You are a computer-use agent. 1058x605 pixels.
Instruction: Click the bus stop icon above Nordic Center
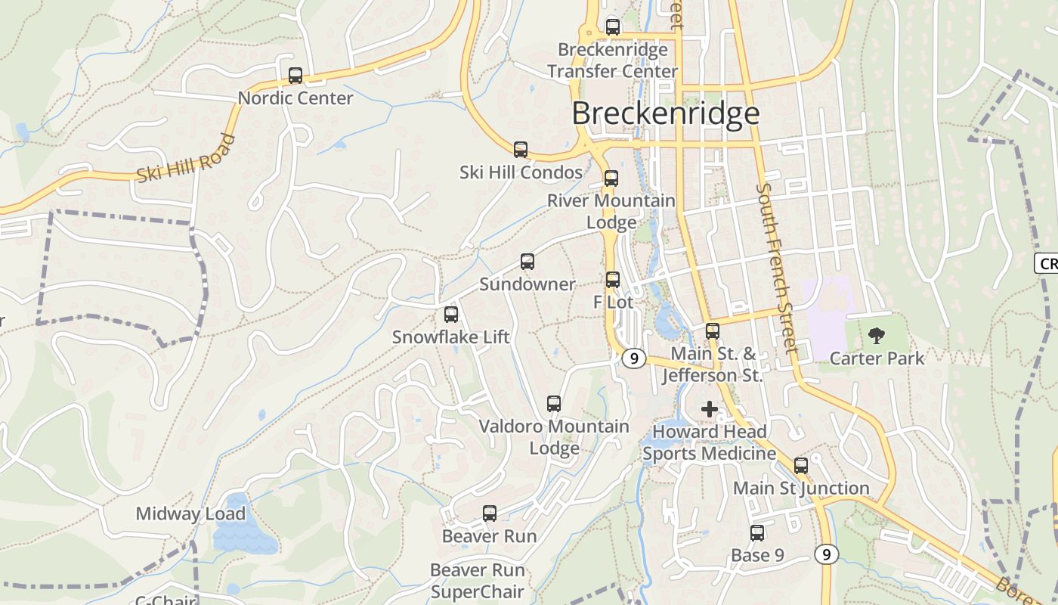(x=295, y=76)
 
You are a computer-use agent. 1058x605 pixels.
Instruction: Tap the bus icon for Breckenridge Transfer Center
(x=613, y=27)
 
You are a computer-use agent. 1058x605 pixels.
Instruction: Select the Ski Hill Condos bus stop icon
(x=521, y=150)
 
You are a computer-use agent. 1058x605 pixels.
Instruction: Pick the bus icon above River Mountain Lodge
(x=611, y=178)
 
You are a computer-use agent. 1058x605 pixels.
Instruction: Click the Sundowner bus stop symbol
(x=527, y=262)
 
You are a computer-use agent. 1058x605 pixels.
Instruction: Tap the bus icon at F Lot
(x=613, y=280)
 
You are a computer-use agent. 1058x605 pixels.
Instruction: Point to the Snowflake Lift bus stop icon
(x=451, y=315)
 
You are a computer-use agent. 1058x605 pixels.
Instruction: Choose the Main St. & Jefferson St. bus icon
(x=713, y=330)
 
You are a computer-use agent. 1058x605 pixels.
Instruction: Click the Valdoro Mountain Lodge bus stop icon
(x=554, y=404)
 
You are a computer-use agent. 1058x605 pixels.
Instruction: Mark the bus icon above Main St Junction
(x=801, y=466)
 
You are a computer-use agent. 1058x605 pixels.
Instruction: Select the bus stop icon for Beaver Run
(x=490, y=513)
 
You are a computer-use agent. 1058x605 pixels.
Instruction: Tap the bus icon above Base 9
(x=757, y=533)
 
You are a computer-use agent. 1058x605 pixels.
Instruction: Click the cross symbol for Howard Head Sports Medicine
(x=710, y=409)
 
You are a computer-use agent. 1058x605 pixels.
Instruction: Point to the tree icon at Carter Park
(x=877, y=335)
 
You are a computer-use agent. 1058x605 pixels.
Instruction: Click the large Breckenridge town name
(x=665, y=113)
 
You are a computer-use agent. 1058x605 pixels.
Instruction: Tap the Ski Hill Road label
(x=186, y=159)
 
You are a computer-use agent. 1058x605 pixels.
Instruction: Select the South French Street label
(x=778, y=268)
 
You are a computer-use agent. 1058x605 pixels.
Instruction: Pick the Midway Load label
(x=190, y=514)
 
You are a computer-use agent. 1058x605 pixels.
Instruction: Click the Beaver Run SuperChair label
(x=478, y=581)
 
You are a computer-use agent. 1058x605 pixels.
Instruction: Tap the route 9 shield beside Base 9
(x=827, y=554)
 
